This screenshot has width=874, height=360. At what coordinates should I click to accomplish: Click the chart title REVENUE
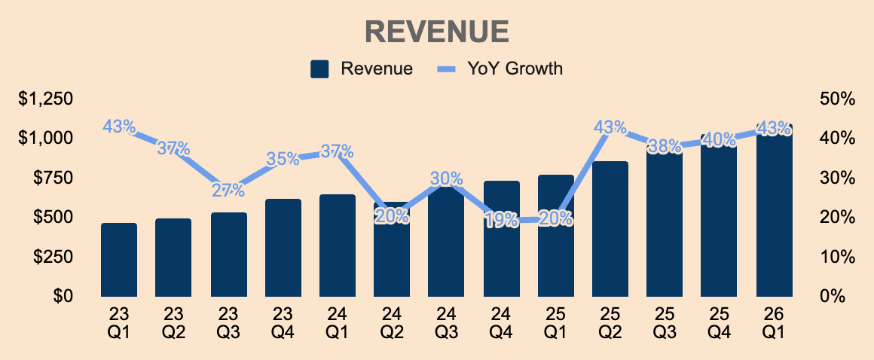point(437,32)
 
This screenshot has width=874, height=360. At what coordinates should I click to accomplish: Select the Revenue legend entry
point(362,69)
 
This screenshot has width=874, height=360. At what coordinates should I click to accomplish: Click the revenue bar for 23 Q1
point(119,260)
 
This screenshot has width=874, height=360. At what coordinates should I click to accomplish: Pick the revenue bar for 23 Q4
point(283,248)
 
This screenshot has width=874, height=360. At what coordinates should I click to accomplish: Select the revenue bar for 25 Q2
point(610,229)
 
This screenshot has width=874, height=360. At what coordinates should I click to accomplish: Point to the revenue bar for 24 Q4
point(502,239)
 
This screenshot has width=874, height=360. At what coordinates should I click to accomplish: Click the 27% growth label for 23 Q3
point(228,190)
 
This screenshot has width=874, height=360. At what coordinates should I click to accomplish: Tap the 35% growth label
point(283,159)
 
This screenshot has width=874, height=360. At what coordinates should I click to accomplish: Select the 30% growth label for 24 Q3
point(447,178)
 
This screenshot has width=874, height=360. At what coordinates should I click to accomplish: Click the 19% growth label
point(502,221)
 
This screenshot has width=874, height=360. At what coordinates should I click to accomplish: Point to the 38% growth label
point(665,147)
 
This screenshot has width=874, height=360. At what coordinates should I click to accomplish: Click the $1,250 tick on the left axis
point(46,99)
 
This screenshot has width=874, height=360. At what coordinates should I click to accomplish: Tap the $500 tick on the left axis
point(54,217)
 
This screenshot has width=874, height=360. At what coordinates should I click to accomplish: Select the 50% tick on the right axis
point(838,99)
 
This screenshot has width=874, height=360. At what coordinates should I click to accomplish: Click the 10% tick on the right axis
point(838,257)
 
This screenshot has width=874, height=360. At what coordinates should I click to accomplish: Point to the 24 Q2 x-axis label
point(391,325)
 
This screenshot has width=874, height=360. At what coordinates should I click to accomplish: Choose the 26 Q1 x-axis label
point(775,325)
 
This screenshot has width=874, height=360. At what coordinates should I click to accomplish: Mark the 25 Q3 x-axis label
point(665,325)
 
